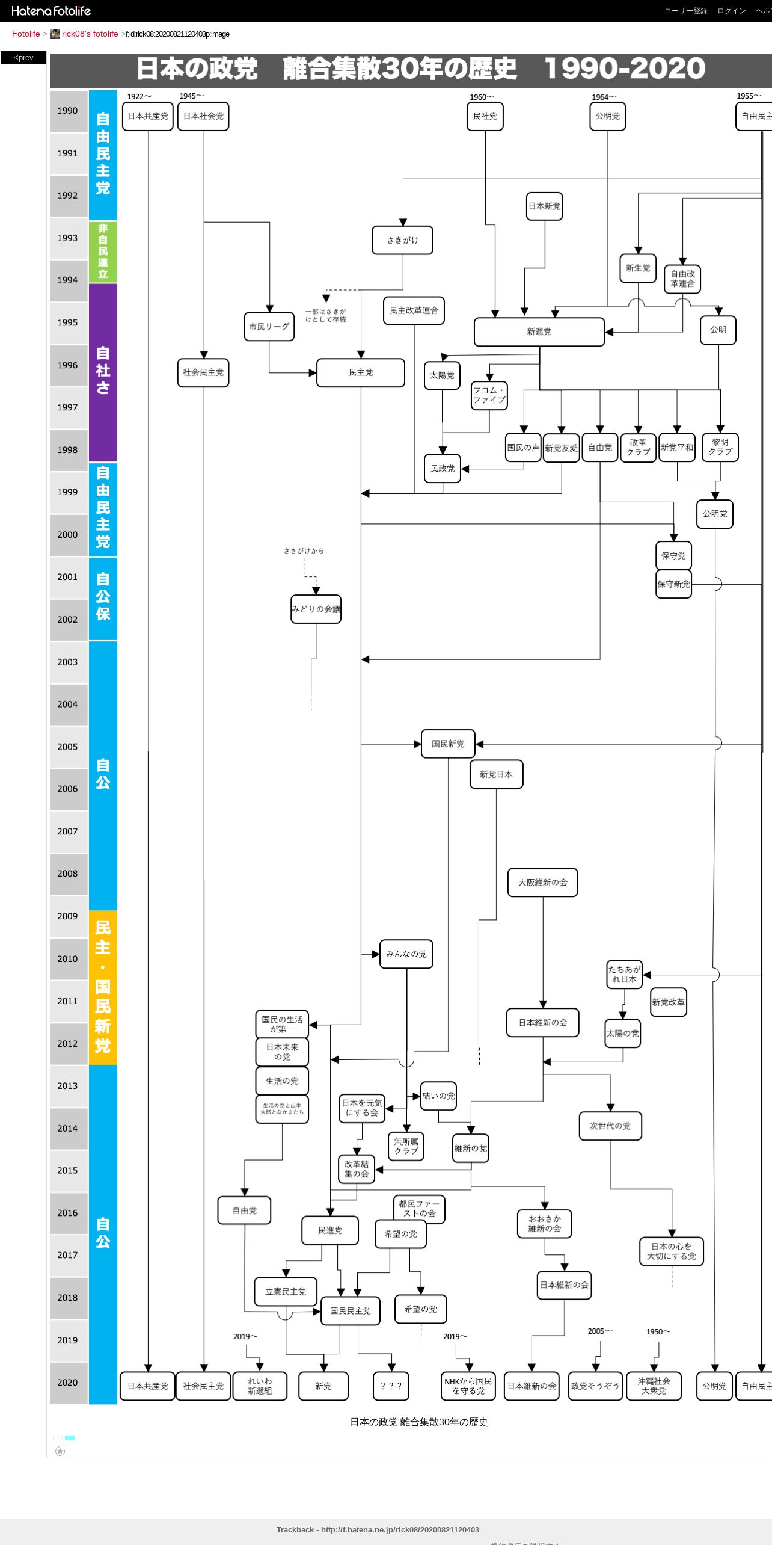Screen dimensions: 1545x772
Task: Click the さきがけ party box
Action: pos(402,240)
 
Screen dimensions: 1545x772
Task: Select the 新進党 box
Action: pos(539,332)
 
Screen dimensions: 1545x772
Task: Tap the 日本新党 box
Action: pos(544,206)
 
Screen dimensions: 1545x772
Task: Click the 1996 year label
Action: pos(67,365)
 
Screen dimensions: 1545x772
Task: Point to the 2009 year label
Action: pos(67,916)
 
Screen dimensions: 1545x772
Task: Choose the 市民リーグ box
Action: pos(269,327)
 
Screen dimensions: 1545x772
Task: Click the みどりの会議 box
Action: pos(316,609)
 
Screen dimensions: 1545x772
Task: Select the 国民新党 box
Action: pos(448,744)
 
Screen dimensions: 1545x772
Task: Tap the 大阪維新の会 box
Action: pos(542,883)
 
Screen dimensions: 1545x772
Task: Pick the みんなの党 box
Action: pos(406,954)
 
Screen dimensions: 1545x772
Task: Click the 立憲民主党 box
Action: pos(286,1292)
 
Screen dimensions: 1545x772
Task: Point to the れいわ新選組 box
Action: pos(260,1386)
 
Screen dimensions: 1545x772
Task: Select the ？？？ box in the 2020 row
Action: pos(391,1386)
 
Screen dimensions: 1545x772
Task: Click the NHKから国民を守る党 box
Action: pos(468,1386)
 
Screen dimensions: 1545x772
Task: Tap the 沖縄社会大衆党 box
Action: pos(654,1386)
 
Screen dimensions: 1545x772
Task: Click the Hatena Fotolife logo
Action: pos(51,11)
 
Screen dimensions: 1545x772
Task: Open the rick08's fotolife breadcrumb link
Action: pos(90,34)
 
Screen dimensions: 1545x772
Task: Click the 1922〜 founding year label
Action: pos(139,96)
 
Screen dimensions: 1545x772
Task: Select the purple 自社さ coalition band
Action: pos(103,371)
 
